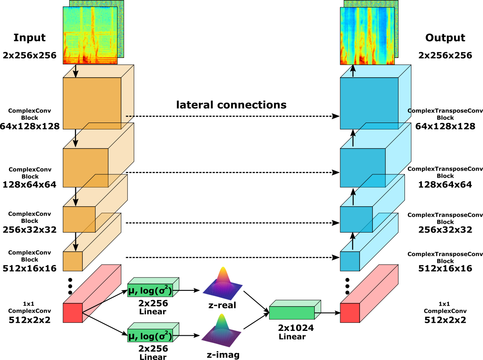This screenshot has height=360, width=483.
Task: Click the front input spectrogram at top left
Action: (x=90, y=35)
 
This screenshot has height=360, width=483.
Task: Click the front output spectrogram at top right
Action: (x=367, y=36)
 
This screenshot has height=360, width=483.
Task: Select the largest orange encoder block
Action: (x=92, y=103)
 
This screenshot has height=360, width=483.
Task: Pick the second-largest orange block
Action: (x=85, y=167)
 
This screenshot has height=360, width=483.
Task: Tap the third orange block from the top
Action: (x=79, y=219)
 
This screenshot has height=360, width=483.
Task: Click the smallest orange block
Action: (x=73, y=261)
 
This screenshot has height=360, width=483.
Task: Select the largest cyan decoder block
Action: (x=369, y=103)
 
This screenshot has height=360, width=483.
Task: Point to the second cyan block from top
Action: (x=362, y=167)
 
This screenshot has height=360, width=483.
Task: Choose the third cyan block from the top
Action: (x=356, y=219)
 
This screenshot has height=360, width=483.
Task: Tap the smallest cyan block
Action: (x=350, y=261)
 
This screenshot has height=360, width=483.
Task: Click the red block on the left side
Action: (x=73, y=313)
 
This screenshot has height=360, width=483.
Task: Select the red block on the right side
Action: (x=350, y=313)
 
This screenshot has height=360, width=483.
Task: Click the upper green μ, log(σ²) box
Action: (x=150, y=290)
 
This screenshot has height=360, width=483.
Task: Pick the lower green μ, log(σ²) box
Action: (x=150, y=335)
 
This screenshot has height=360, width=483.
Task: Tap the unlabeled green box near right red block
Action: (x=292, y=313)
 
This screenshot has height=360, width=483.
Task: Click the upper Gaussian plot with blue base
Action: (x=222, y=283)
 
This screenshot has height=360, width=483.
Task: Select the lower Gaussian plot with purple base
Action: (x=222, y=330)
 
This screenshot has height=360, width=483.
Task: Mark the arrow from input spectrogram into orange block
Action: (x=75, y=72)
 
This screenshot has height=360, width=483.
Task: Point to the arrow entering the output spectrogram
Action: (x=353, y=71)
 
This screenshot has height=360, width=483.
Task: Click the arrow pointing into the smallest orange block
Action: (x=75, y=245)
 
